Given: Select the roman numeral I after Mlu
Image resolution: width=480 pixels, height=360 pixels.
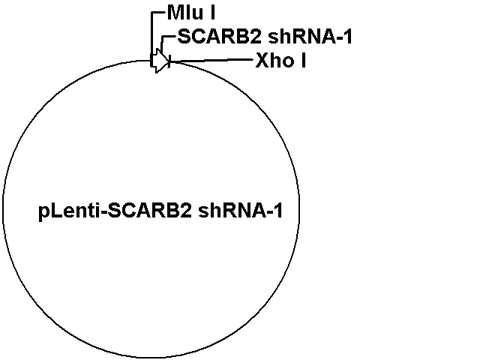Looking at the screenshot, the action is (212, 13).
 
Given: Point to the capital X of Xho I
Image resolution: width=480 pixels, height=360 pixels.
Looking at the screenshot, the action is (262, 60).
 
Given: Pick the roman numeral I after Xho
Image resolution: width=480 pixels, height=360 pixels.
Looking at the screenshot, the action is (303, 60).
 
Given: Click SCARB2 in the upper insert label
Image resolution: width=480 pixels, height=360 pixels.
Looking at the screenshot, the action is (220, 37).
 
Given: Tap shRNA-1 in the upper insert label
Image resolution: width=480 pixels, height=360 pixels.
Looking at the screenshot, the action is (310, 37).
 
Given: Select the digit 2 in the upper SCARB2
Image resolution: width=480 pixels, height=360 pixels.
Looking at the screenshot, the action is (256, 37).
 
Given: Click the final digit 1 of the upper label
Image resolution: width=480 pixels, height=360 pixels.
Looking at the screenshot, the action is (348, 37).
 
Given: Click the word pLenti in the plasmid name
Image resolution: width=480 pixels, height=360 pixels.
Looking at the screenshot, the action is (69, 211).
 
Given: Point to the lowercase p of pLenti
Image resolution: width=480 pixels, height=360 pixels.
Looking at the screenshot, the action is (43, 213).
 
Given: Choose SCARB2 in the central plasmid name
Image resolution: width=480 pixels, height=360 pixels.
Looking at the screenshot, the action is (150, 211).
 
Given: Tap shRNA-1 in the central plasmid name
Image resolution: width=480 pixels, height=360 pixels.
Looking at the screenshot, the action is (241, 211).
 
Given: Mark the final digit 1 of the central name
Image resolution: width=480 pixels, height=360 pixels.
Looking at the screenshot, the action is (278, 211).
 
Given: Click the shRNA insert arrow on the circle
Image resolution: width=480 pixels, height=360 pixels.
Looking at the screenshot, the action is (160, 61).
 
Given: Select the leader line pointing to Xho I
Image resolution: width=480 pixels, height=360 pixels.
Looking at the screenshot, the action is (211, 61).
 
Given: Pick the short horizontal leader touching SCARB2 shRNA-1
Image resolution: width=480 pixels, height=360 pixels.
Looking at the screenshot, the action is (169, 37).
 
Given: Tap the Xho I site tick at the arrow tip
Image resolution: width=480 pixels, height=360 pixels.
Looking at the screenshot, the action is (169, 61).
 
